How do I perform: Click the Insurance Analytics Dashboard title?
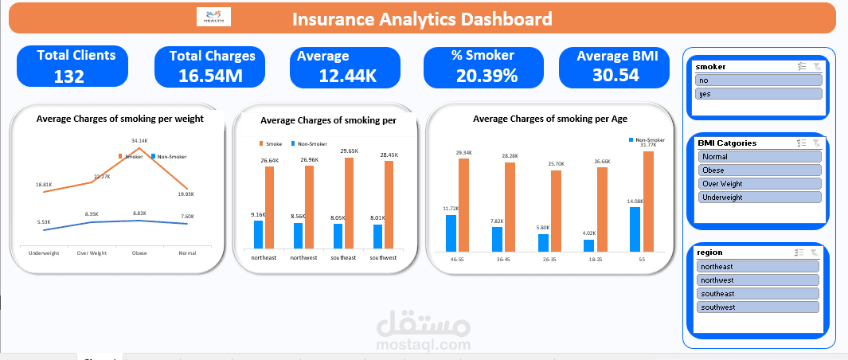click(x=422, y=19)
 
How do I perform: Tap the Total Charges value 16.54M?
click(x=211, y=76)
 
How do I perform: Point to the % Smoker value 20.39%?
click(x=487, y=76)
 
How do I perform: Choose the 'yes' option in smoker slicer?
click(x=757, y=94)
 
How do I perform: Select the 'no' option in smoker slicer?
click(x=757, y=80)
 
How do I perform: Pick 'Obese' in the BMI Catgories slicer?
click(x=757, y=170)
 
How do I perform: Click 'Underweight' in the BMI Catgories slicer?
click(x=757, y=197)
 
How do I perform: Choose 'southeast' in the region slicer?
click(x=757, y=294)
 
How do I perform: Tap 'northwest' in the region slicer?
click(x=757, y=280)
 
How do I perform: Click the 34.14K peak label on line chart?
click(x=139, y=141)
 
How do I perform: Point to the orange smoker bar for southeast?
click(x=348, y=202)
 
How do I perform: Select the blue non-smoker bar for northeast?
click(x=258, y=234)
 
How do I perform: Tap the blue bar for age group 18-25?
click(x=588, y=245)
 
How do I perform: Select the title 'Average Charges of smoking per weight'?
click(x=119, y=118)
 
